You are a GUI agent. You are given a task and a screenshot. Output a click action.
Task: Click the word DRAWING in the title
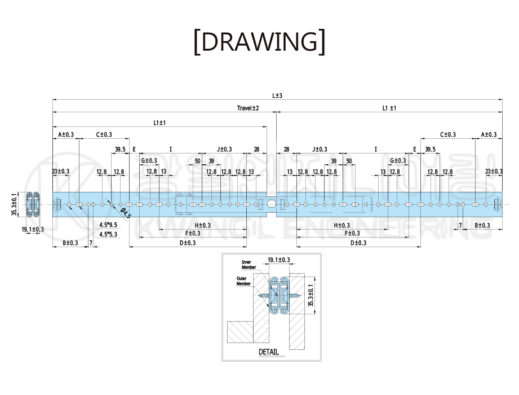[x=259, y=42]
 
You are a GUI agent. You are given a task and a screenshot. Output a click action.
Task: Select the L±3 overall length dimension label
[x=277, y=96]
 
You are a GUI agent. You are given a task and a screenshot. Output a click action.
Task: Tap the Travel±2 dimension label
[x=247, y=108]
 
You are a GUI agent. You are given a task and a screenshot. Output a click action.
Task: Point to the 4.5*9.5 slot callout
[x=108, y=225]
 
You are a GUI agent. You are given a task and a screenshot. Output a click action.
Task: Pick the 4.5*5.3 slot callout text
[x=108, y=234]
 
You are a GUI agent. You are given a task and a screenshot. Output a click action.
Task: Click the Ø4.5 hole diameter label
[x=126, y=213]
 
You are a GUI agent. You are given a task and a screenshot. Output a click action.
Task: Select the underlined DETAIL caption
[x=268, y=352]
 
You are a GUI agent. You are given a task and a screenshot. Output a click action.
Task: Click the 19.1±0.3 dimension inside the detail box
[x=278, y=260]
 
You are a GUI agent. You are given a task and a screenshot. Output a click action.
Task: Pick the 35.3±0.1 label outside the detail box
[x=15, y=203]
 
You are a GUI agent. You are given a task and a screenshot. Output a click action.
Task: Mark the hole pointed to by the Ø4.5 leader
[x=112, y=203]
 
